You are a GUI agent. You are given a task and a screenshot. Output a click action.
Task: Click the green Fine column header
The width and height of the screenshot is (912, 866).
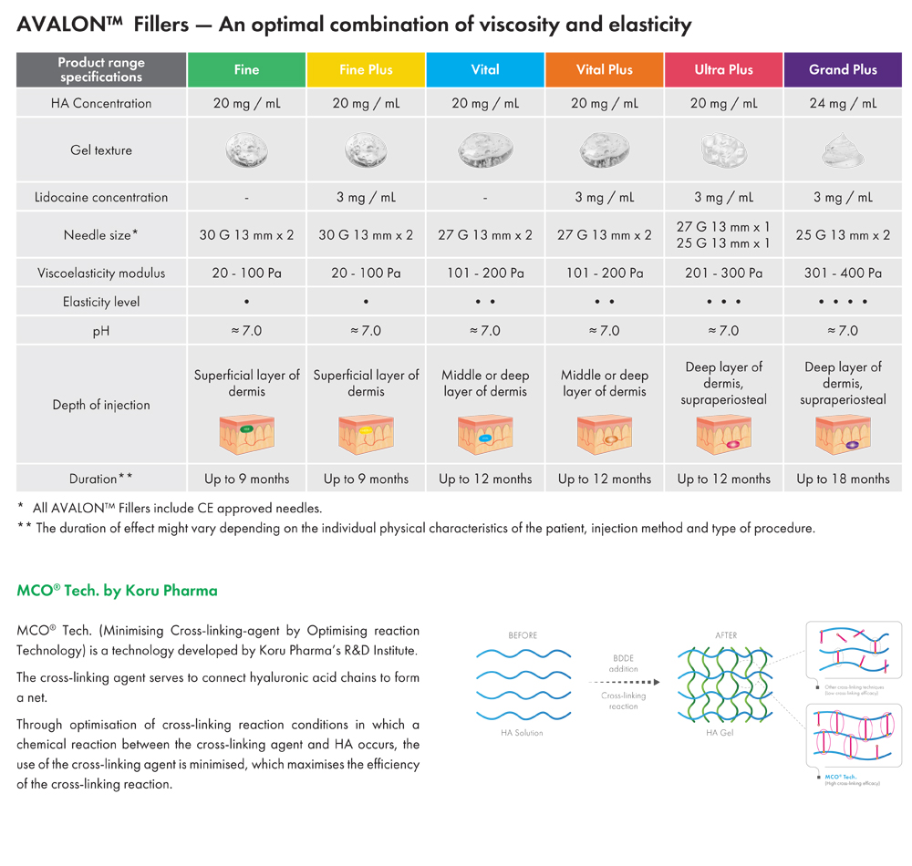click(246, 69)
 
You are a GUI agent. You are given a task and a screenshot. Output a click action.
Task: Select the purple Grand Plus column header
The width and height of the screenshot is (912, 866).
click(843, 69)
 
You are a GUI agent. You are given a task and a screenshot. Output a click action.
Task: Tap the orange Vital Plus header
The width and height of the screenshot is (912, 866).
click(604, 69)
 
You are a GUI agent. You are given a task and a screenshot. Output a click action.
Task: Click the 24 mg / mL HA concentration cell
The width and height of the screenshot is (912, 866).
click(843, 103)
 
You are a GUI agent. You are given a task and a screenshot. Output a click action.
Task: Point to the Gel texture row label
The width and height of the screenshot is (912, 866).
click(101, 150)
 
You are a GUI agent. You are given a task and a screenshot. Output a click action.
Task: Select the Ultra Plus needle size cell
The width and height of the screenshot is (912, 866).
click(723, 234)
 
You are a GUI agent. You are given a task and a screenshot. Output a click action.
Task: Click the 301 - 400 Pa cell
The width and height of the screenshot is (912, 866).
click(843, 273)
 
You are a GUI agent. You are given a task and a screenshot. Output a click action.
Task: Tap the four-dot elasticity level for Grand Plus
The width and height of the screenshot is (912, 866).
click(843, 302)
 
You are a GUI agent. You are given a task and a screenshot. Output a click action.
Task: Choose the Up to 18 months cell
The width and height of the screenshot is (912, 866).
click(843, 479)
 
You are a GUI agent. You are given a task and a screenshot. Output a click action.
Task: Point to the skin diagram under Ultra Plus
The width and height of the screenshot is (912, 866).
click(723, 435)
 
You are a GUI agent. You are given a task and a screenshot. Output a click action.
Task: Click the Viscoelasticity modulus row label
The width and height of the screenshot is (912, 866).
click(101, 273)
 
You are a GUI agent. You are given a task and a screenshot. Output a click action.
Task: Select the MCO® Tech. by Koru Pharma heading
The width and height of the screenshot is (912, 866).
click(117, 591)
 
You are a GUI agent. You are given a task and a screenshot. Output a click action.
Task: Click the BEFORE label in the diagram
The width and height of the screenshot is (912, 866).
click(523, 635)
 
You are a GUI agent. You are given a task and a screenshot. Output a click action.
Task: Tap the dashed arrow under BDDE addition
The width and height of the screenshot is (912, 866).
click(624, 681)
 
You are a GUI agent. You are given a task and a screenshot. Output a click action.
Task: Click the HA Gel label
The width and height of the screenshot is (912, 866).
click(720, 732)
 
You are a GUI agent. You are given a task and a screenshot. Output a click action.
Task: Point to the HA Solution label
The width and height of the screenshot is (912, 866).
click(523, 732)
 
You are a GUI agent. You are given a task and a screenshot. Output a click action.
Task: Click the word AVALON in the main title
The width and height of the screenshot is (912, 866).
click(60, 25)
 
